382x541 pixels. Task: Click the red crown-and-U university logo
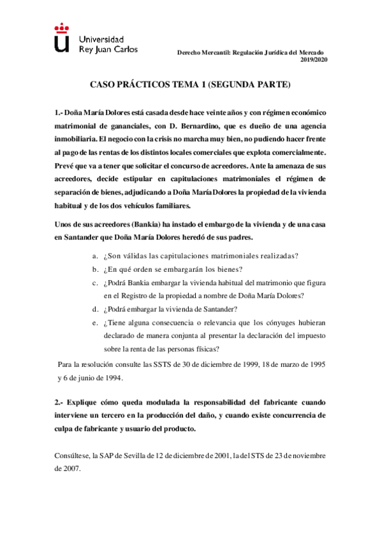click(x=61, y=38)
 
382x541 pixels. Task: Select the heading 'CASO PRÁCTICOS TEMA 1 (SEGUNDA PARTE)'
click(x=190, y=84)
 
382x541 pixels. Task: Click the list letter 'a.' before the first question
click(x=95, y=256)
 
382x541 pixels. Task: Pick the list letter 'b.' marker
click(x=95, y=269)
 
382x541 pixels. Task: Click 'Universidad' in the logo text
click(x=101, y=39)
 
